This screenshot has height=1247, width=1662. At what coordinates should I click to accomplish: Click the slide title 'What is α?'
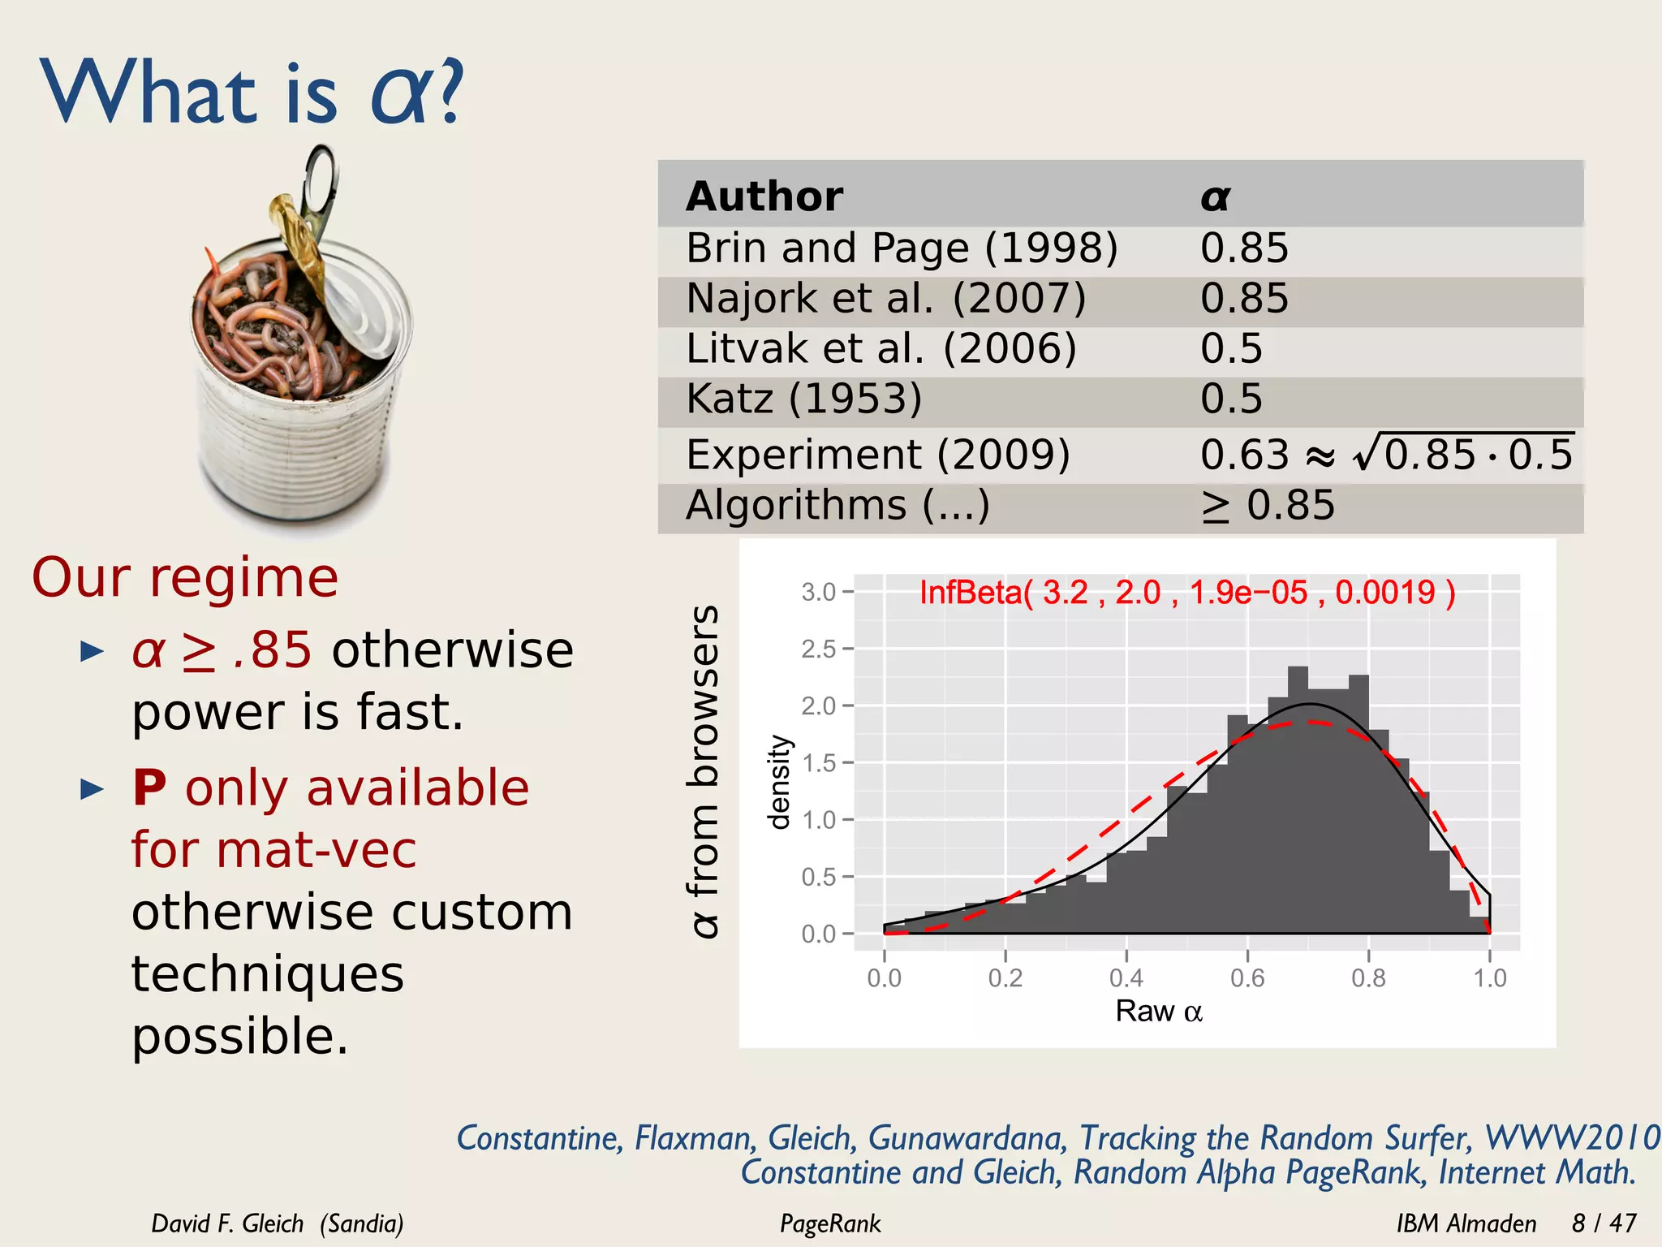click(x=252, y=93)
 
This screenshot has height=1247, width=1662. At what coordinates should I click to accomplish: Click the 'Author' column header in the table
click(x=764, y=196)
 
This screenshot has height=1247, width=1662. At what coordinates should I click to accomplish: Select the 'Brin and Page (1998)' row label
click(x=902, y=248)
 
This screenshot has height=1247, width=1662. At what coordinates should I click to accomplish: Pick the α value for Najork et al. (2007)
click(x=1243, y=298)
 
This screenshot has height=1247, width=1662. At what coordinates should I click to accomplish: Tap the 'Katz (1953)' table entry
click(x=803, y=399)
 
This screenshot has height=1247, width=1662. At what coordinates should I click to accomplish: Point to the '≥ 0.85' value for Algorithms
click(x=1268, y=505)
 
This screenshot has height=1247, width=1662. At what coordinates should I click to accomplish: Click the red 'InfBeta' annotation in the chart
click(x=1186, y=593)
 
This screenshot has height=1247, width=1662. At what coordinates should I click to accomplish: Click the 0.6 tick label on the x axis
click(x=1247, y=977)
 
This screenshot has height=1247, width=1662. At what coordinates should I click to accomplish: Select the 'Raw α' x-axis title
click(x=1158, y=1012)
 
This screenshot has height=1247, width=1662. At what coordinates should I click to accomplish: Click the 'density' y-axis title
click(x=779, y=782)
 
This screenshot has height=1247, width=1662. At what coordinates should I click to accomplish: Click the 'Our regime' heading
click(x=185, y=577)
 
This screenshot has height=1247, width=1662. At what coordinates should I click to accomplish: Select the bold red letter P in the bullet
click(x=149, y=787)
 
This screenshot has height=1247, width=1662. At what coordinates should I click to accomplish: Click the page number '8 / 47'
click(x=1604, y=1223)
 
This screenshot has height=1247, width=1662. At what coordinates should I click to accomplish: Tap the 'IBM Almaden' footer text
click(x=1466, y=1223)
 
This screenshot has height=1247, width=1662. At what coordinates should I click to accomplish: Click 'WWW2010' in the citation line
click(x=1571, y=1137)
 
